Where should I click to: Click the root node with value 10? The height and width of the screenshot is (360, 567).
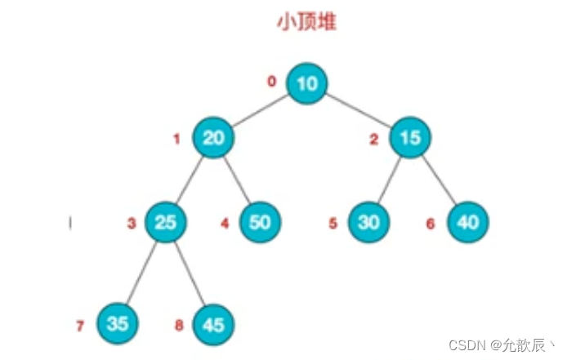(307, 82)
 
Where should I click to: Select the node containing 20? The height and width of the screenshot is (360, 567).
(214, 137)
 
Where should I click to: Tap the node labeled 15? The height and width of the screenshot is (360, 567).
(411, 137)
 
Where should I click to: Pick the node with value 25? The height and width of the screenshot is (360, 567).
(166, 221)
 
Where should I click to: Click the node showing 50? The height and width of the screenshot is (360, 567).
(261, 221)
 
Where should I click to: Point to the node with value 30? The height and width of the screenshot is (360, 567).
(369, 221)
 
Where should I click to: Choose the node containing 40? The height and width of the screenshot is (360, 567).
(468, 221)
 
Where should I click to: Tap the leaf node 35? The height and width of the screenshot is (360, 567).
(118, 323)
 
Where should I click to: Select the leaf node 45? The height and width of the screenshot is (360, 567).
(213, 324)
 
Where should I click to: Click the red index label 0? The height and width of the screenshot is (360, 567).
(272, 81)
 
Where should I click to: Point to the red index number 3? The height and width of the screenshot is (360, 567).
(130, 223)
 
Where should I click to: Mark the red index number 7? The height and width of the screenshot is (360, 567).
(80, 326)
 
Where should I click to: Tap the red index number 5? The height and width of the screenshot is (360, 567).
(333, 223)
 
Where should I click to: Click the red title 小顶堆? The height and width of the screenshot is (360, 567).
(306, 22)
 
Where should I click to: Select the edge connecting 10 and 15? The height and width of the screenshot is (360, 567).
(359, 109)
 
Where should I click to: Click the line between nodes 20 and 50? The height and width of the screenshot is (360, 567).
(238, 180)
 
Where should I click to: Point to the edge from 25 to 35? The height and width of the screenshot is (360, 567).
(141, 273)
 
